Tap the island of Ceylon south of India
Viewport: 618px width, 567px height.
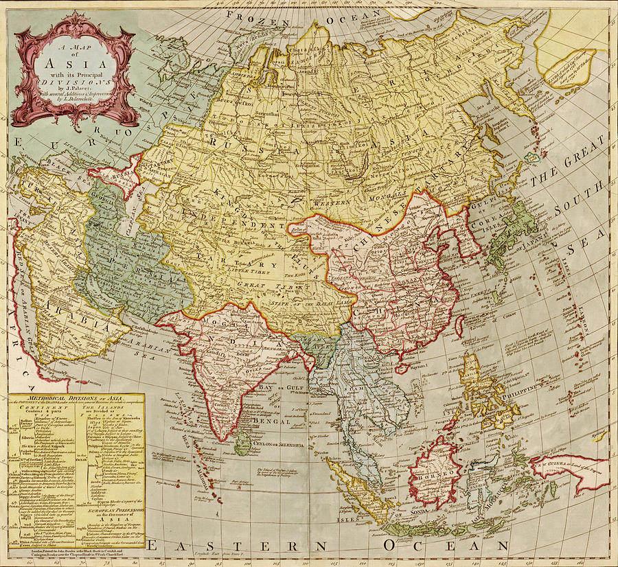click(x=242, y=443)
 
